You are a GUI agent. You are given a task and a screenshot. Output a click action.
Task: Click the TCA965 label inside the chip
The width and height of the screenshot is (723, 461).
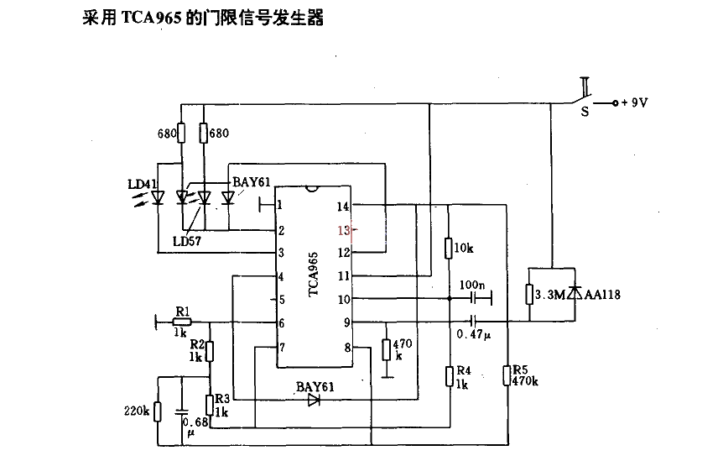coord(313,275)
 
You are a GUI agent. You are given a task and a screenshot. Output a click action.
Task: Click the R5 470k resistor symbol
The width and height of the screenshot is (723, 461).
coord(507,375)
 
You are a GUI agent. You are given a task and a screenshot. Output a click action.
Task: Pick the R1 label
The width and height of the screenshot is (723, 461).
coord(182,311)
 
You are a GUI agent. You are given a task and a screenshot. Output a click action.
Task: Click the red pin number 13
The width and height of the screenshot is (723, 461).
coord(342,229)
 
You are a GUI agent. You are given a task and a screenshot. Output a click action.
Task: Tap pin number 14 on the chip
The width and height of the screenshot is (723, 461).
coord(342,206)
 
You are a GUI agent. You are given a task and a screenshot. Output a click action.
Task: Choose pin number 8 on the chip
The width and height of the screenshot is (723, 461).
coord(344,347)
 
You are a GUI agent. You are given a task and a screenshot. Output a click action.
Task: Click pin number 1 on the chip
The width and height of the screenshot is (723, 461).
coord(280,204)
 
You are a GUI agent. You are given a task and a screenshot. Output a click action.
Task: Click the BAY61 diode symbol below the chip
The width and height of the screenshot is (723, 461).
coord(315,401)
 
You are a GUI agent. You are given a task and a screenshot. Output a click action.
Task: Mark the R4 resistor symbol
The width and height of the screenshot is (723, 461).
coord(451,375)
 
